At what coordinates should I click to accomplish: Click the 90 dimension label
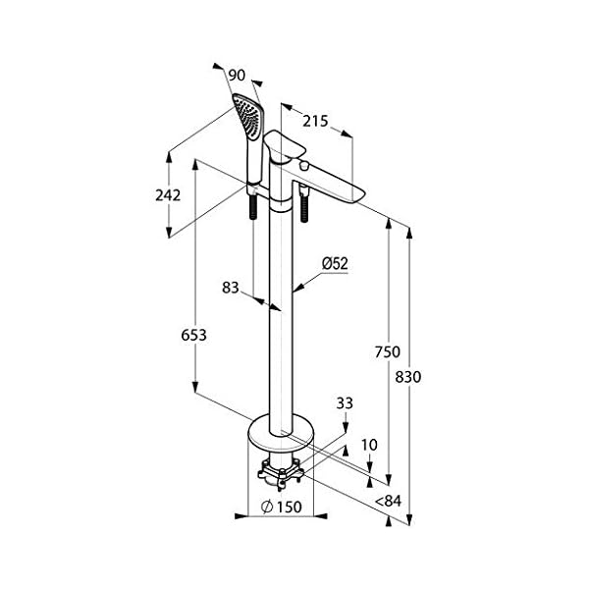pyautogui.click(x=237, y=76)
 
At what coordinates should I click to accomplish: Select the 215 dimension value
pyautogui.click(x=315, y=121)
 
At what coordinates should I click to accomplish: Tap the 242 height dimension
pyautogui.click(x=168, y=195)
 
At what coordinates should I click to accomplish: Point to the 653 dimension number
pyautogui.click(x=193, y=335)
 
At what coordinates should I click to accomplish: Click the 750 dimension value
pyautogui.click(x=388, y=352)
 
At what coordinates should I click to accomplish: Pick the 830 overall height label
pyautogui.click(x=408, y=377)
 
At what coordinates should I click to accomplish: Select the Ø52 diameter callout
pyautogui.click(x=335, y=263)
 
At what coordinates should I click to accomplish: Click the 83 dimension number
pyautogui.click(x=231, y=288)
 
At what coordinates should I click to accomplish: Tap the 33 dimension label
pyautogui.click(x=345, y=403)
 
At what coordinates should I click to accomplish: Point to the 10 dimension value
pyautogui.click(x=369, y=445)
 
